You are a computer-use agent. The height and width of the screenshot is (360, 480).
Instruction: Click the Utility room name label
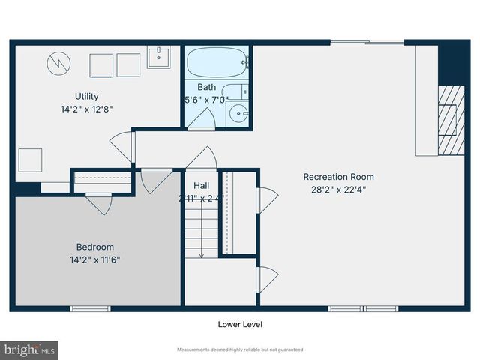click(86, 96)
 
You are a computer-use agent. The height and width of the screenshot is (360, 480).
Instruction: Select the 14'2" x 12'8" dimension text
click(86, 108)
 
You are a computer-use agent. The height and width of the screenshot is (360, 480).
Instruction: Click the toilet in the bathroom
click(236, 93)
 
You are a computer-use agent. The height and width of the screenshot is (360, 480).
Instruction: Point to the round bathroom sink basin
click(239, 115)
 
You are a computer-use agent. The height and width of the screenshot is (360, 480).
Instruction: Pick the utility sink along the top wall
click(158, 57)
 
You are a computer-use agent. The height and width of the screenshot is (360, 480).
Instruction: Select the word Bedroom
click(95, 247)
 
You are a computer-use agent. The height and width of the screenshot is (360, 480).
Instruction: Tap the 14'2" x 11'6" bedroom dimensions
click(95, 259)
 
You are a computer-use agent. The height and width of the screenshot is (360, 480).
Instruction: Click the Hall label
click(202, 185)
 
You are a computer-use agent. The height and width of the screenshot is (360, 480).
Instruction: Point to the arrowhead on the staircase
click(202, 255)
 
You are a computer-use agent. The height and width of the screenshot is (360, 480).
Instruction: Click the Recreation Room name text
click(338, 177)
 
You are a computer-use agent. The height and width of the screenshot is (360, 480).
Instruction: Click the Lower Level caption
click(240, 325)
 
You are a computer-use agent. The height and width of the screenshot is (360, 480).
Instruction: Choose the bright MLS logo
click(30, 349)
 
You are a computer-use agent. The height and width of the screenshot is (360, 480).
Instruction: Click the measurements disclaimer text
click(240, 349)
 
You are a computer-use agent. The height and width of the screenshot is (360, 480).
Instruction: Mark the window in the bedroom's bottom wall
click(90, 307)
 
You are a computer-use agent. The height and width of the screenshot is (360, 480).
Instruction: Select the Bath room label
click(206, 87)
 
